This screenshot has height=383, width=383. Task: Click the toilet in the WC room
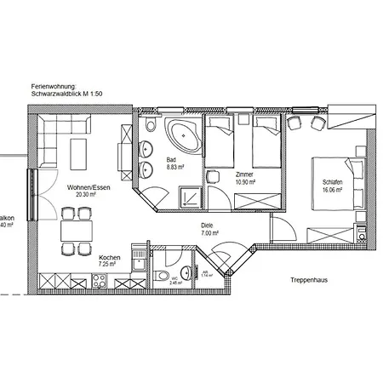pyautogui.click(x=162, y=277)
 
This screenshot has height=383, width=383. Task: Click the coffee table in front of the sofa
pyautogui.click(x=77, y=154)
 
